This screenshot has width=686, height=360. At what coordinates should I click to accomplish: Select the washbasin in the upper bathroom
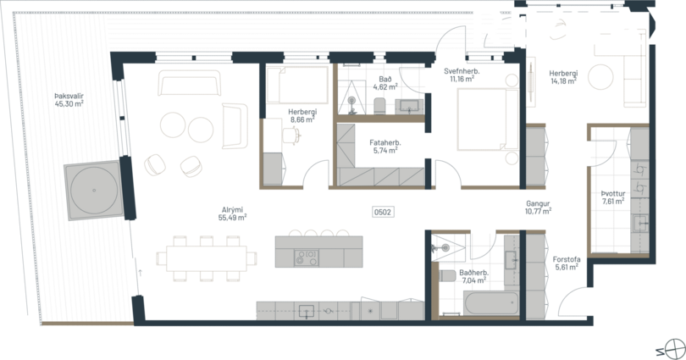[410, 106]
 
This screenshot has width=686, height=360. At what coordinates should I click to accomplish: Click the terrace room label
[68, 100]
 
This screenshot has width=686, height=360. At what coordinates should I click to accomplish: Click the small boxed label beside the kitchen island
[382, 211]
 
